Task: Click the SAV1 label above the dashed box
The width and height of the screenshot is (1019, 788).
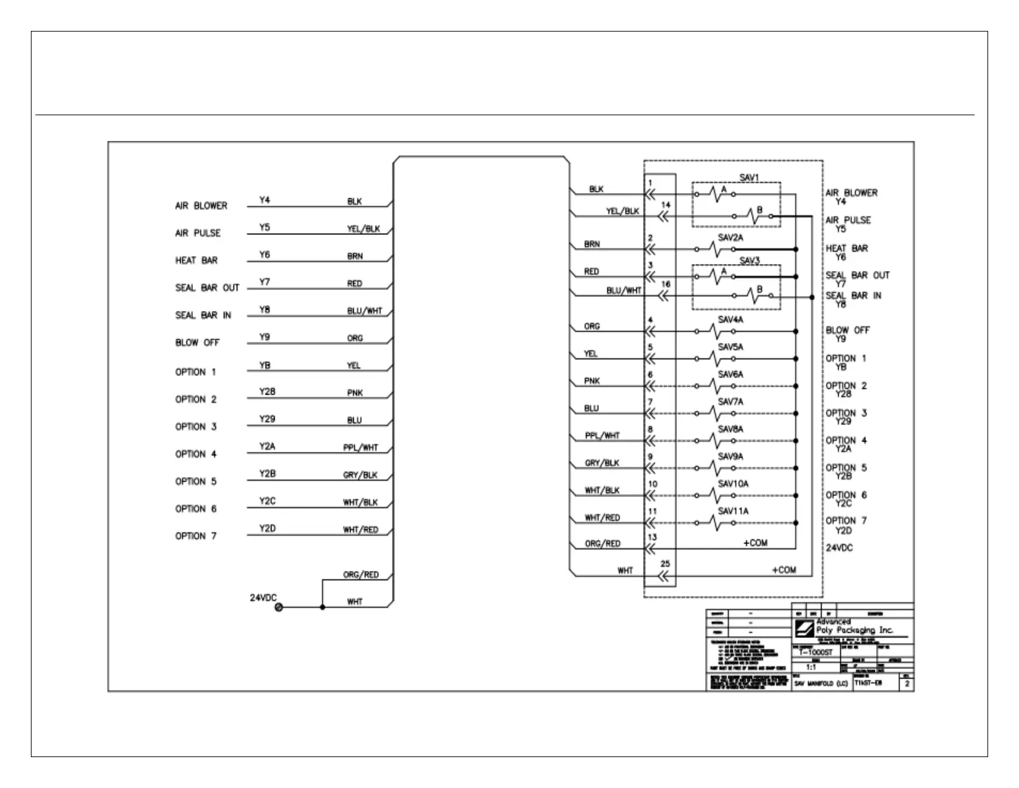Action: coord(748,177)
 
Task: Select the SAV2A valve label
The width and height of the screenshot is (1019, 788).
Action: coord(730,238)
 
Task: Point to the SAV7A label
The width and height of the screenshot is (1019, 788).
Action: coord(730,402)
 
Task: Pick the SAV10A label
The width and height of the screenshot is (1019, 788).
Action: coord(733,483)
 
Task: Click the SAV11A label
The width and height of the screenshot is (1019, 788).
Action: coord(733,511)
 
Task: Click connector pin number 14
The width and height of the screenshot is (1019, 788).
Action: coord(666,205)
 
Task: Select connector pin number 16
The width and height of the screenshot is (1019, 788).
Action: coord(666,284)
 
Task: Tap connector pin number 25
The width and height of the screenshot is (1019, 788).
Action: coord(665,563)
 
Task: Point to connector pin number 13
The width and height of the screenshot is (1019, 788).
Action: coord(652,537)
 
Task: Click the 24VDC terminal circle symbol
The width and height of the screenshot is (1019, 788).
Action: coord(279,607)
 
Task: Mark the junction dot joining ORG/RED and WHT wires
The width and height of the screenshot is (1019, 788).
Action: coord(322,607)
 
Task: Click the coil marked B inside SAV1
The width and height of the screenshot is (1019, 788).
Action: coord(754,217)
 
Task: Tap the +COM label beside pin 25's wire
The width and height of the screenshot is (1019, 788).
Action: coord(784,570)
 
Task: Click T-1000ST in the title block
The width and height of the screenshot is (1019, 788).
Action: coord(815,652)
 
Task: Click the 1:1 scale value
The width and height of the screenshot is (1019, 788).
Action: coord(811,668)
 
